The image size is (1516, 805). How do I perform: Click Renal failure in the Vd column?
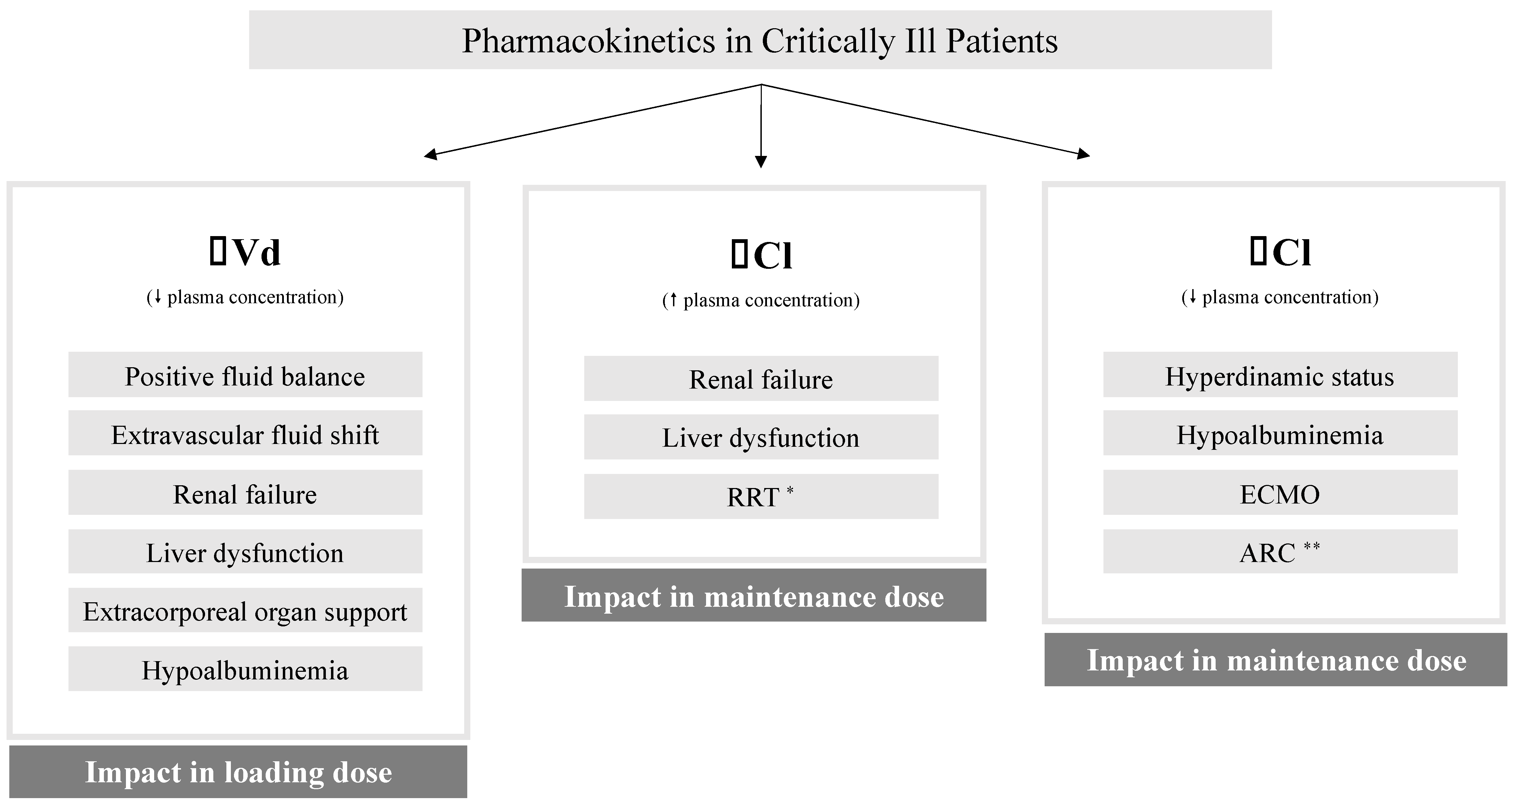pos(245,493)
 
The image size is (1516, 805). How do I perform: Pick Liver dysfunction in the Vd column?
pos(245,552)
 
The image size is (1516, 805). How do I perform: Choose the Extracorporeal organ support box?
pos(245,611)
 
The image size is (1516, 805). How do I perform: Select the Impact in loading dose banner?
pos(238,772)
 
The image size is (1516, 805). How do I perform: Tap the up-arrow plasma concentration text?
pos(761,300)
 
